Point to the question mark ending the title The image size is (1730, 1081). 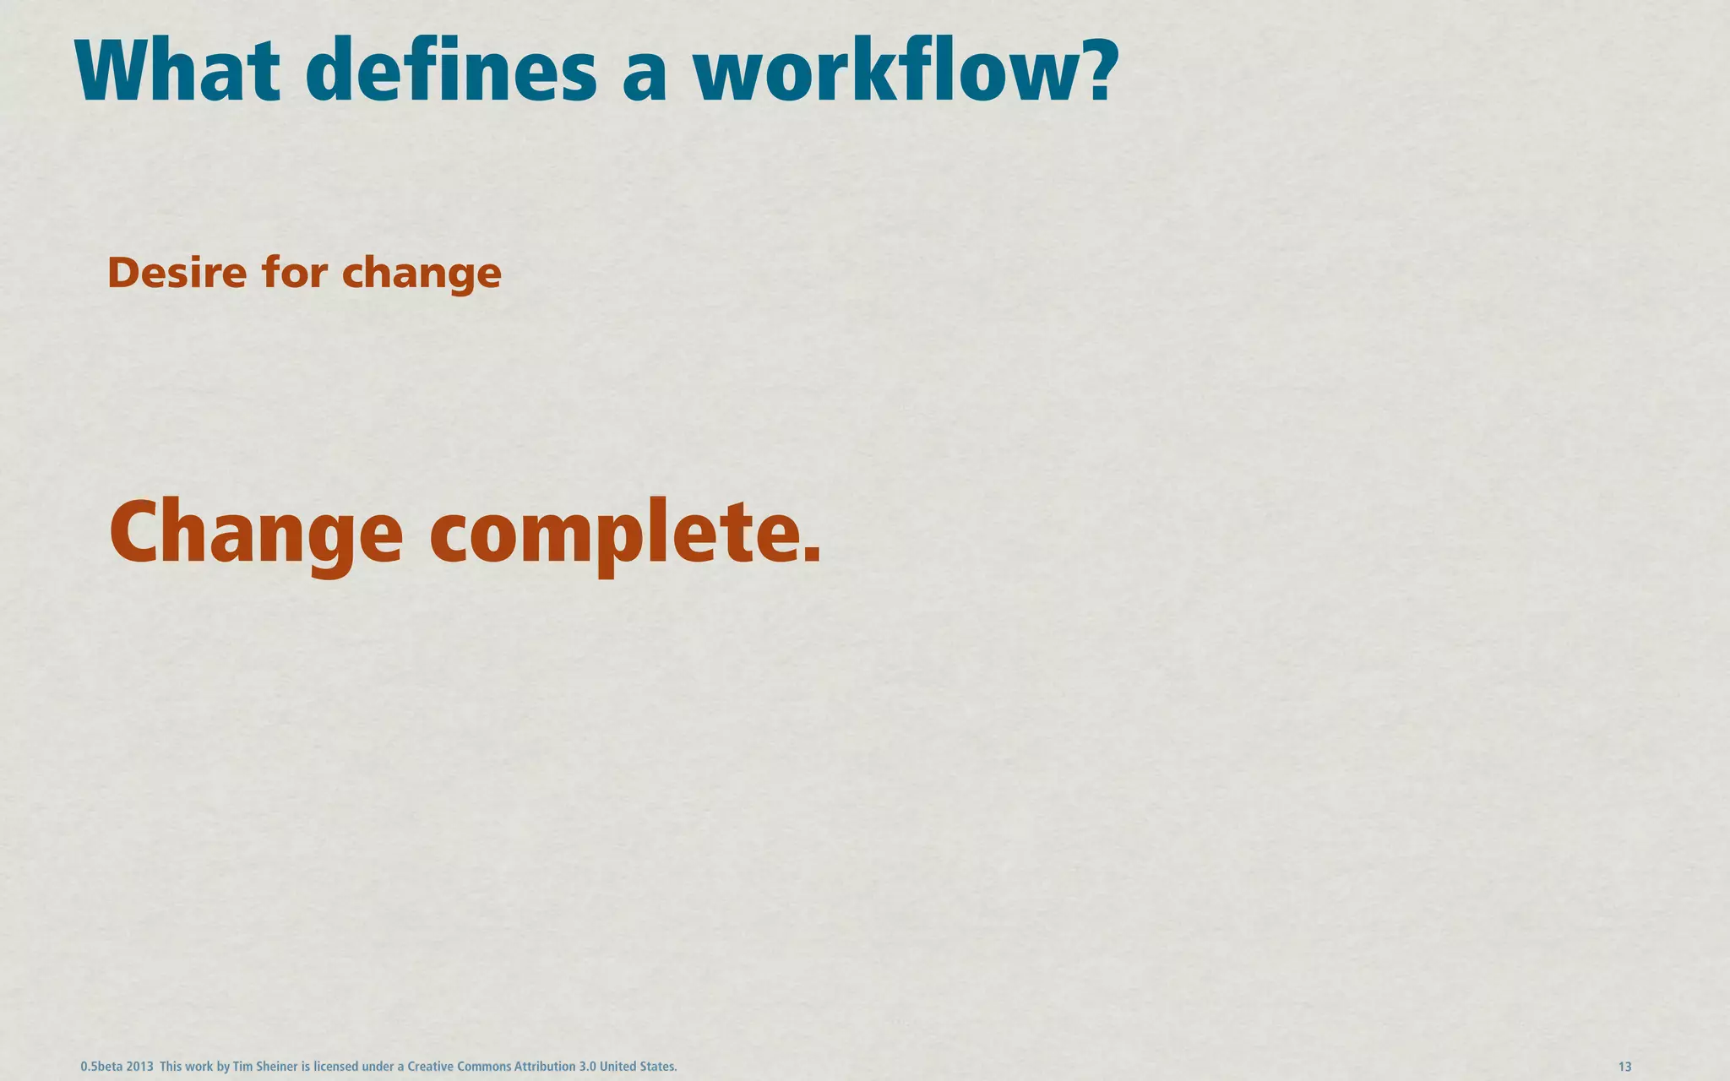[1095, 71]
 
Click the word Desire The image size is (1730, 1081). [177, 273]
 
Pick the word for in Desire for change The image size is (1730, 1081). [295, 273]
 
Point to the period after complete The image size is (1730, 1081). [811, 554]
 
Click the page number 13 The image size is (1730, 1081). [1624, 1067]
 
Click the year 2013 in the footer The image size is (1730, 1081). [139, 1067]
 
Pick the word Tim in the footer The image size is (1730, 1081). [242, 1067]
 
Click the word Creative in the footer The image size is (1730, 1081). [431, 1067]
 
